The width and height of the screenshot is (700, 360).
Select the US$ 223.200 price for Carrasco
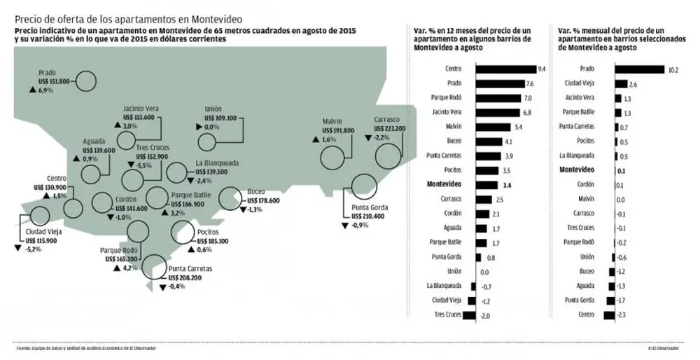click(x=389, y=129)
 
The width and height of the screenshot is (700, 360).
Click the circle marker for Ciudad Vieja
click(x=40, y=216)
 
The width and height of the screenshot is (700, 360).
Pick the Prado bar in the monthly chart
click(x=639, y=69)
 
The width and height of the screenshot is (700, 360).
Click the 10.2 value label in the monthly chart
click(x=673, y=69)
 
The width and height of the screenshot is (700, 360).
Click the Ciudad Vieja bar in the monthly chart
click(x=621, y=83)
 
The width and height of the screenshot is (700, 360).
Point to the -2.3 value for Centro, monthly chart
click(x=622, y=316)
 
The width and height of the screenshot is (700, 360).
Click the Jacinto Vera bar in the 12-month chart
click(x=498, y=112)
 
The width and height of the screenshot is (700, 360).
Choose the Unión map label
click(x=213, y=110)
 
